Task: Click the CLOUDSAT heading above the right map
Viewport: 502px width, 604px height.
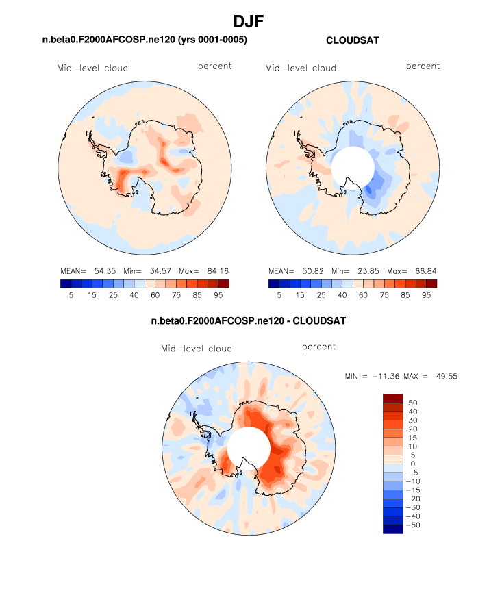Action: click(x=353, y=41)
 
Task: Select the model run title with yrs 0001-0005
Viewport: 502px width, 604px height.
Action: click(x=145, y=41)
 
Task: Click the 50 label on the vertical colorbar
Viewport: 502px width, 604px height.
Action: click(x=413, y=403)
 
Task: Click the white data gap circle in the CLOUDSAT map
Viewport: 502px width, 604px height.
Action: click(x=352, y=166)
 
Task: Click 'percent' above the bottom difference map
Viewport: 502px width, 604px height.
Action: click(x=319, y=347)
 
